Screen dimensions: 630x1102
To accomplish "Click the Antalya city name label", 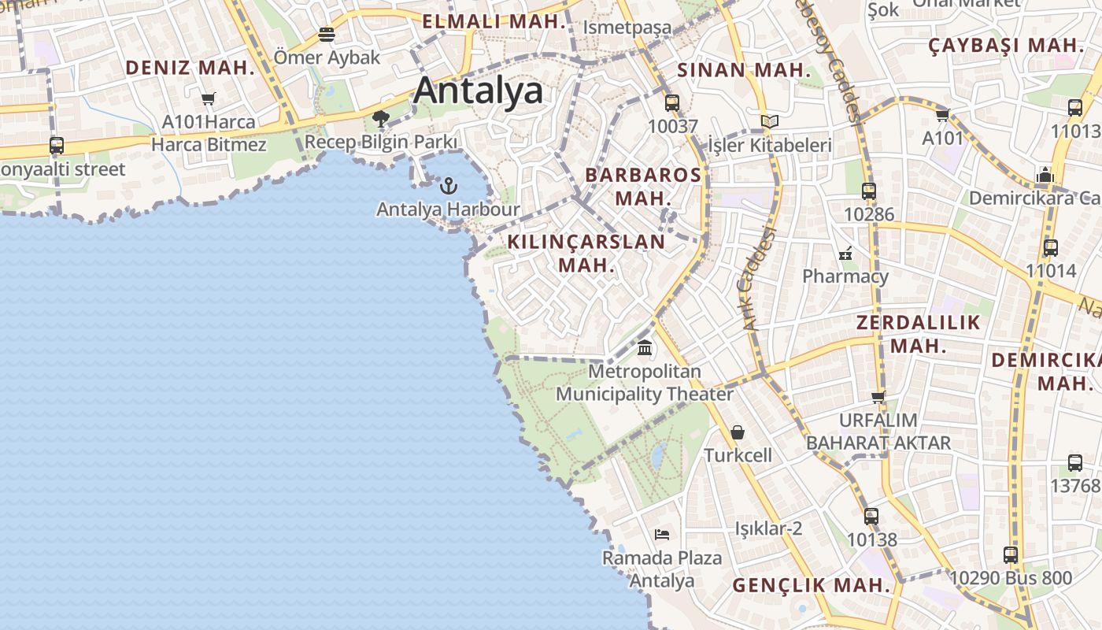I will click(x=479, y=91).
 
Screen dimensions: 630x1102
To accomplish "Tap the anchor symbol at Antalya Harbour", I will click(x=449, y=186).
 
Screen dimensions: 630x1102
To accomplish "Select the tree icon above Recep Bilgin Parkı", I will click(x=381, y=119).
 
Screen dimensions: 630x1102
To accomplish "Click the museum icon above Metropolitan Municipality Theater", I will click(x=645, y=347).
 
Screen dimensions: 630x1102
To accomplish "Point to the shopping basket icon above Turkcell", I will click(x=738, y=432).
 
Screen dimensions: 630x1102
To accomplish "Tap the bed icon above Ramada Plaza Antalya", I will click(x=662, y=535).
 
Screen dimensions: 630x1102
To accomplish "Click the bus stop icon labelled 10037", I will click(x=672, y=102).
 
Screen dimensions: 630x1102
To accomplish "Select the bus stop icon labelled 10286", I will click(x=869, y=191).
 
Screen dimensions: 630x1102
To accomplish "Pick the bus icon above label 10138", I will click(x=871, y=517).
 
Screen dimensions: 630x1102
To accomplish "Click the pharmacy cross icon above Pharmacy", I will click(x=845, y=254).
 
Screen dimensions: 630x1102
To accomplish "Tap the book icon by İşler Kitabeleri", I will click(x=769, y=121).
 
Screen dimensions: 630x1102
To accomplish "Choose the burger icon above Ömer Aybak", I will click(x=327, y=35).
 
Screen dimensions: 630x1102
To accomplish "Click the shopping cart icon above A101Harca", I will click(x=209, y=98).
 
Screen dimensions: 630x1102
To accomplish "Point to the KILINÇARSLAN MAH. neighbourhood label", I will click(x=586, y=253).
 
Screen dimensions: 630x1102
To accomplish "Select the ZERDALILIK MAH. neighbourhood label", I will click(x=919, y=334).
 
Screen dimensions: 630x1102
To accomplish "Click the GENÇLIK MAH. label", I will click(x=812, y=586).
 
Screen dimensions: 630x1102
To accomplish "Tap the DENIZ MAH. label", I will click(x=190, y=68).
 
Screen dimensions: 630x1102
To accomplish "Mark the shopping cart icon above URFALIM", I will click(x=878, y=397).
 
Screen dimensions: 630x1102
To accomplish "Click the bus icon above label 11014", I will click(x=1051, y=247).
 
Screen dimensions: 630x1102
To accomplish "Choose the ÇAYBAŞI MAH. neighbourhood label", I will click(x=1007, y=45).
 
